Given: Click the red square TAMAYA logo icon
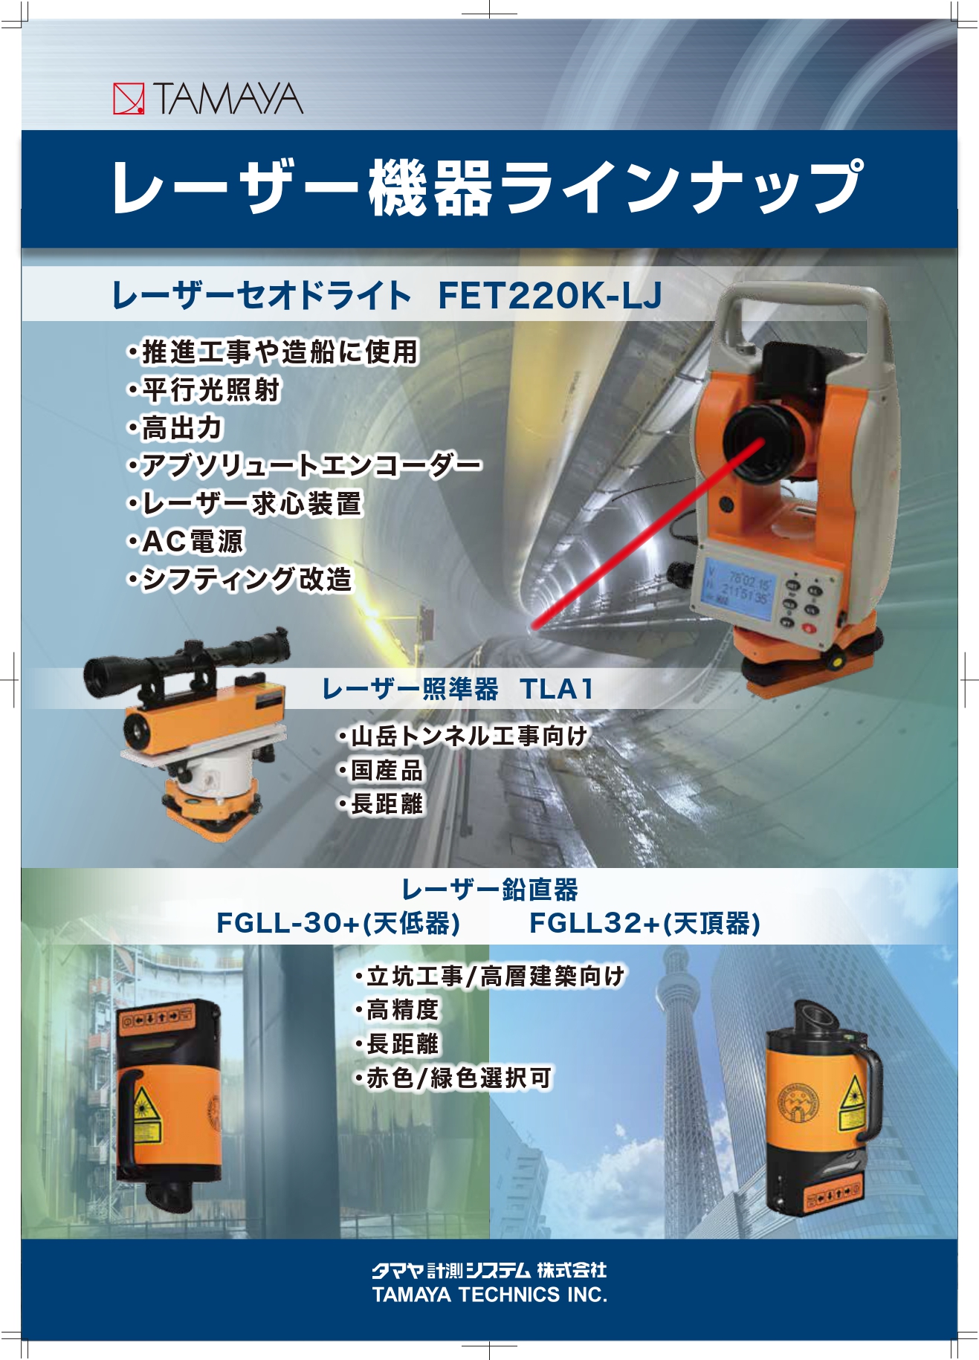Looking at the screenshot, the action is (129, 99).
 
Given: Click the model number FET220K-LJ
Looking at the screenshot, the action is (549, 296).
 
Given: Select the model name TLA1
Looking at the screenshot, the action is (557, 689).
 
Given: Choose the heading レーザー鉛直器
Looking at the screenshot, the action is (490, 889).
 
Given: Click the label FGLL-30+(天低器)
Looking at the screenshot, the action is (338, 923).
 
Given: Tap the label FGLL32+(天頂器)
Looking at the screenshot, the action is (644, 923).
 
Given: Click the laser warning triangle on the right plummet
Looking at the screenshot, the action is (852, 1090).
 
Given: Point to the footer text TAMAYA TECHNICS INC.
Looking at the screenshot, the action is (490, 1295).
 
